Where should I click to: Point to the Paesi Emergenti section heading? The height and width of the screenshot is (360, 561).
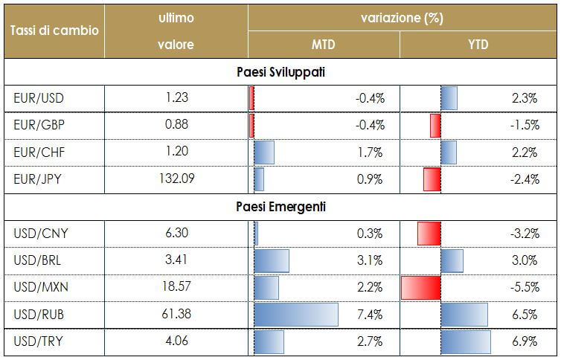280,206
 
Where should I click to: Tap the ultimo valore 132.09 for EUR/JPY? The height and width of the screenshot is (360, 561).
176,179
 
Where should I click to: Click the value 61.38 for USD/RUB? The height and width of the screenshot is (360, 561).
176,314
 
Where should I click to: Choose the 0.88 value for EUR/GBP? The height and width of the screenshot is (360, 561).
176,125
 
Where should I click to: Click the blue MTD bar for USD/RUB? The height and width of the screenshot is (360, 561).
296,314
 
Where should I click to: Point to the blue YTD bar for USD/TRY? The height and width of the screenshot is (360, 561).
466,341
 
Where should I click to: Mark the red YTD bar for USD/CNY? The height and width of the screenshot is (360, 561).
429,234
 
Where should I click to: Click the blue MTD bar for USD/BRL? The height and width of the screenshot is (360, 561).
272,260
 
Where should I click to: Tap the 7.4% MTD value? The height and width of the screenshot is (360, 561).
370,315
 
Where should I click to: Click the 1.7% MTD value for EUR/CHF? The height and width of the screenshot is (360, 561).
370,152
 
